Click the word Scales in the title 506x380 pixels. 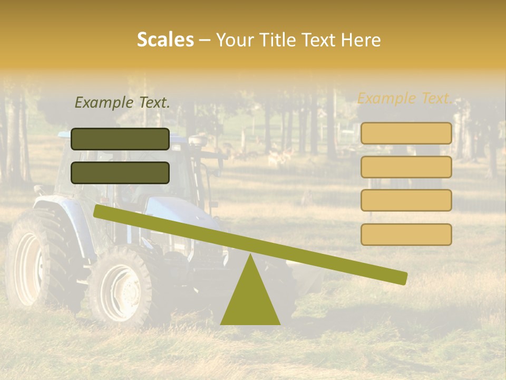[x=165, y=40]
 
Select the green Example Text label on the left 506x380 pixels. [x=122, y=103]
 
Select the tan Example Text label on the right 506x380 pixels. [x=405, y=98]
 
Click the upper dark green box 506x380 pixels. [x=120, y=139]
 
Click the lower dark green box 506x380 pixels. [x=120, y=173]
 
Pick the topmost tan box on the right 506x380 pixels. [x=406, y=133]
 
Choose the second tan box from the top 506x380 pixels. [x=406, y=167]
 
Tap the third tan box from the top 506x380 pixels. [x=406, y=200]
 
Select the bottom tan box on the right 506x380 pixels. [x=406, y=234]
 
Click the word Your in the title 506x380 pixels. [x=235, y=40]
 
